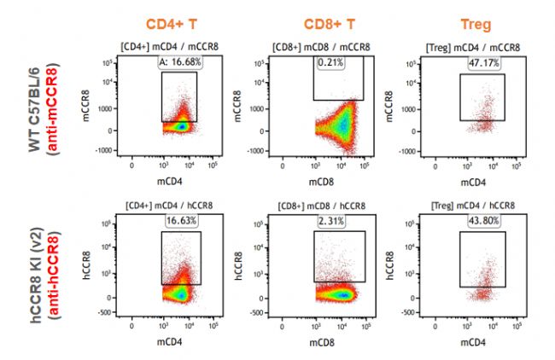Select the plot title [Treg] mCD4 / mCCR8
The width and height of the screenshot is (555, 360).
coord(482,49)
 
